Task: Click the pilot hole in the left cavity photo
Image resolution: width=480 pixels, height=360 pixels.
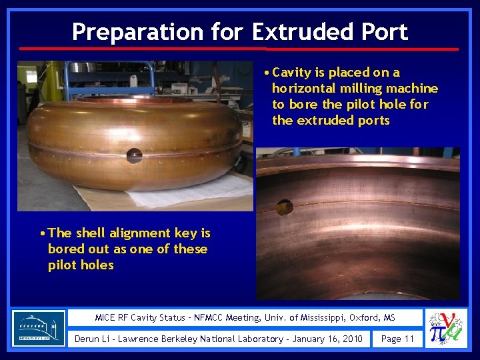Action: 134,155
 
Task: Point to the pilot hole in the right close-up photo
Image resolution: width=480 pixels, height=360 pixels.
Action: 285,207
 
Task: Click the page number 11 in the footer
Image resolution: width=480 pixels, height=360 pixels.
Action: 408,339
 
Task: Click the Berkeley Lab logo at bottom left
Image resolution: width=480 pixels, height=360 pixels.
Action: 39,328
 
